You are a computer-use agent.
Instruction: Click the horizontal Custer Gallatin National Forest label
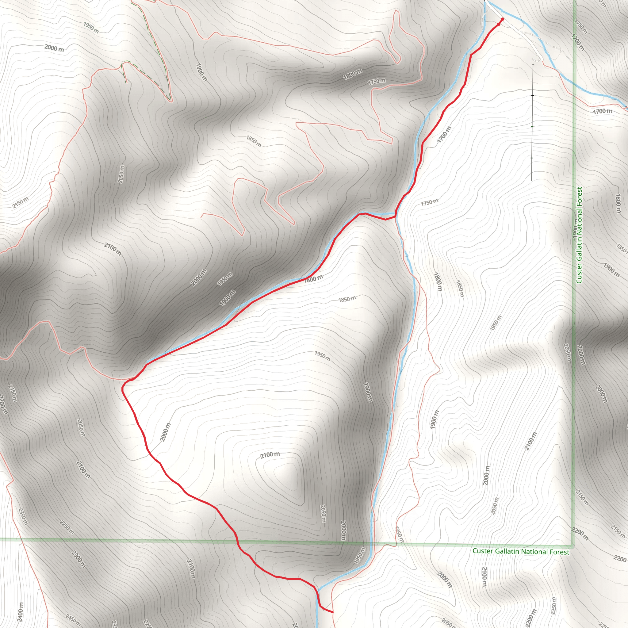521,551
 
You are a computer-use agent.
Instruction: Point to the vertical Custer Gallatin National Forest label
579,235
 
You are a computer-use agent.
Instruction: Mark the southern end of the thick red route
333,612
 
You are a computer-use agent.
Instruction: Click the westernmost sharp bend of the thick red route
123,389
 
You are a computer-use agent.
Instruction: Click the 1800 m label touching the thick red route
313,278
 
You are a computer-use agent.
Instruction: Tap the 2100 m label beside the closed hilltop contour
270,455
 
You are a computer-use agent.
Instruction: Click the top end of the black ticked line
533,64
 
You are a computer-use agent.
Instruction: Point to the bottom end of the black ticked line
531,181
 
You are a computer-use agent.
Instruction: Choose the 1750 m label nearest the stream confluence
429,202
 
